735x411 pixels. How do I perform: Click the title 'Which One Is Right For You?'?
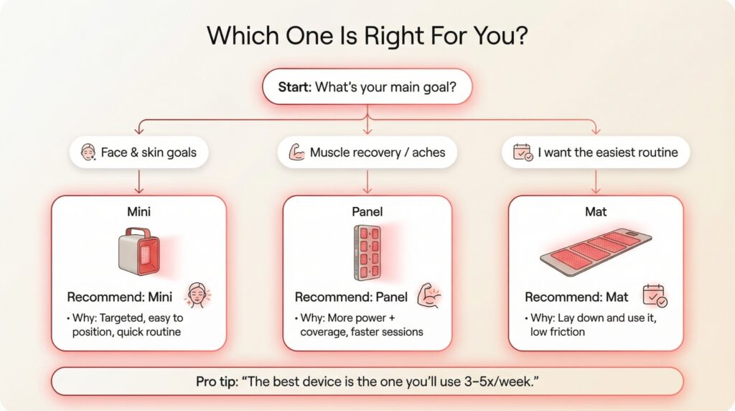click(367, 35)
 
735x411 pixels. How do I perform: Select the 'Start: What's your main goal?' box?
click(367, 87)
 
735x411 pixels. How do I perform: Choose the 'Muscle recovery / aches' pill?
click(367, 152)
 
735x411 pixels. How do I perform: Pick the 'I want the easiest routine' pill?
click(596, 152)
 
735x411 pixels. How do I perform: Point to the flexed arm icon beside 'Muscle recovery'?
click(296, 152)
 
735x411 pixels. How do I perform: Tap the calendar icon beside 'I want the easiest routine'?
click(523, 153)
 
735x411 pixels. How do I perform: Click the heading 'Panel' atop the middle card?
click(367, 212)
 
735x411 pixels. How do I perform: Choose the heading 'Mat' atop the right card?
click(595, 212)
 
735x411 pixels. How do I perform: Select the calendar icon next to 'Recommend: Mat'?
click(655, 295)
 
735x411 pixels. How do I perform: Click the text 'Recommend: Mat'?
click(576, 297)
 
